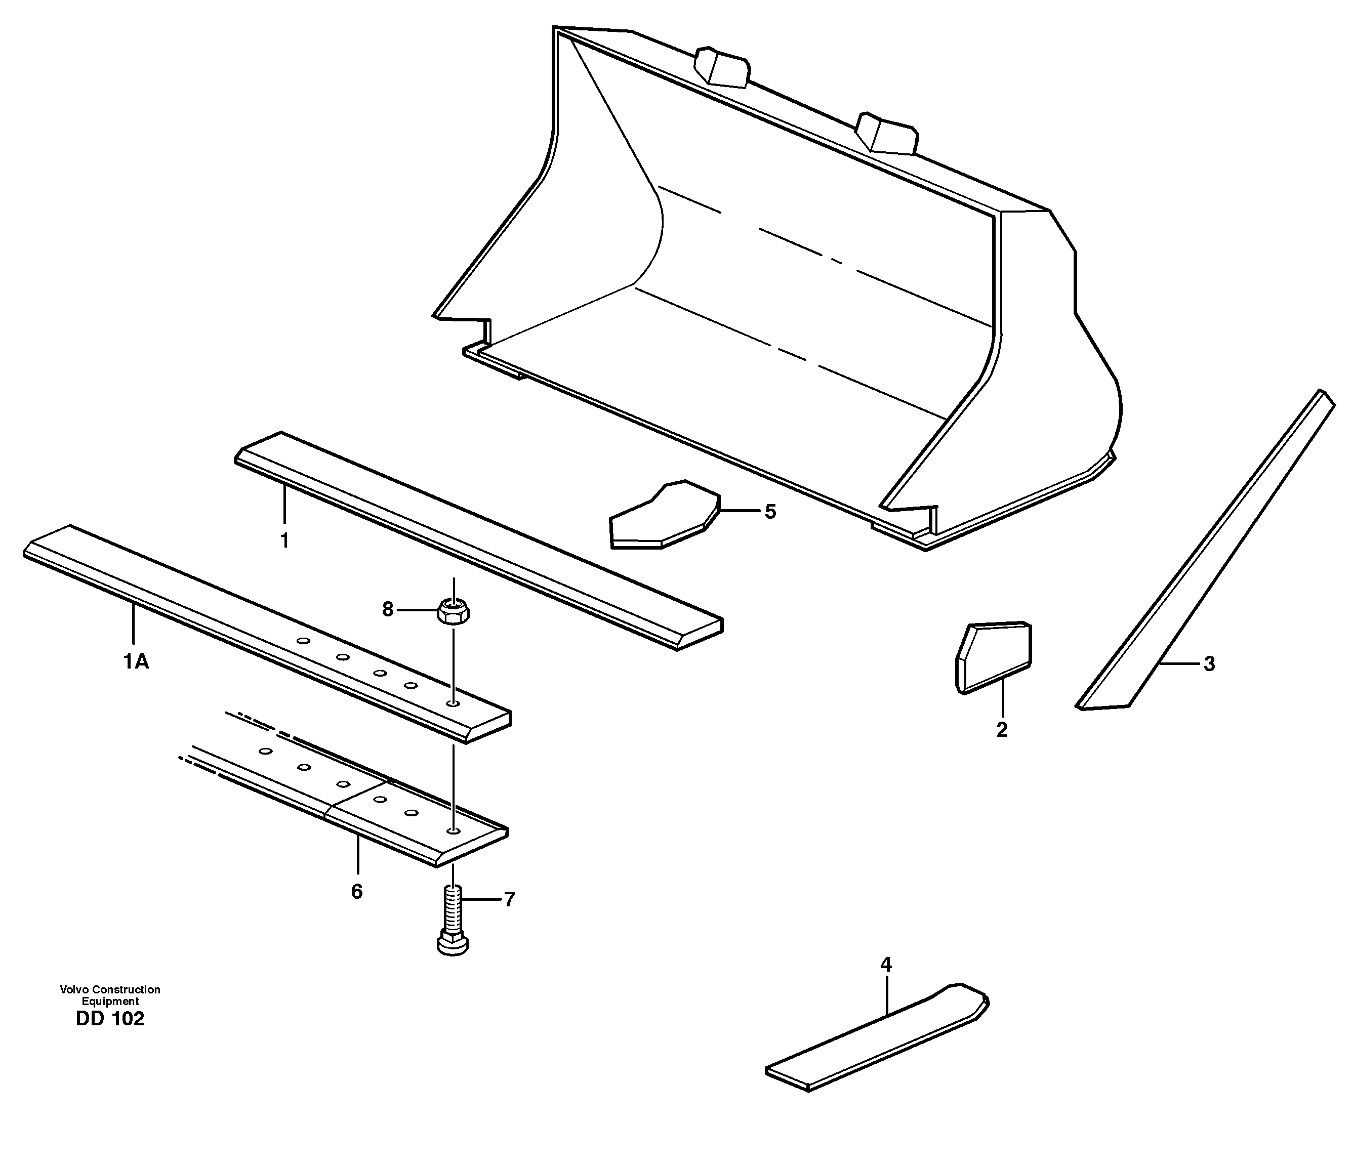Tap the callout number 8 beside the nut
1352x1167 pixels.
point(388,610)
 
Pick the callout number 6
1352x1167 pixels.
point(357,892)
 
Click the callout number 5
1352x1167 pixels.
point(770,512)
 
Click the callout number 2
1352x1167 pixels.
point(1002,730)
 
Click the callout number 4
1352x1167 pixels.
point(885,964)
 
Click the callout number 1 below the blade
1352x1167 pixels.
point(284,541)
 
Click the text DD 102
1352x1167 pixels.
point(110,1019)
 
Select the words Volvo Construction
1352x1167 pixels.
point(110,989)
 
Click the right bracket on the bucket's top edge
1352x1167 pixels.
point(887,134)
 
